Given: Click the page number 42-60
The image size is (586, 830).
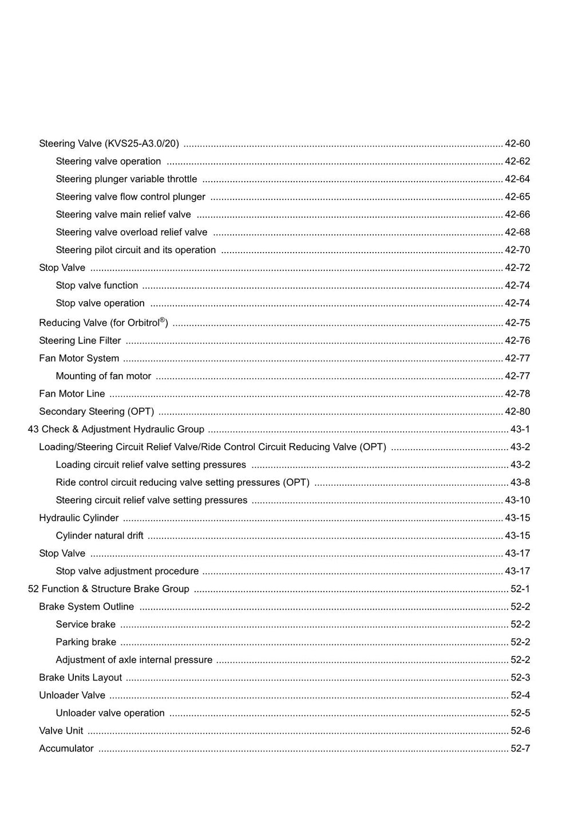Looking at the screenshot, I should coord(517,144).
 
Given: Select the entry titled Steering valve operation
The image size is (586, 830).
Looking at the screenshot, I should coord(108,162).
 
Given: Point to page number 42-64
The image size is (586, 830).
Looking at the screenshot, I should coord(517,179).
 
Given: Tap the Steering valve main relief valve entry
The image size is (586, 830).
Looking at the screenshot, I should coord(123,215).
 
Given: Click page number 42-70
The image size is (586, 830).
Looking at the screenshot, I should coord(517,250).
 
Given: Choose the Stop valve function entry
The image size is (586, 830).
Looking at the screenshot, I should coord(97,286).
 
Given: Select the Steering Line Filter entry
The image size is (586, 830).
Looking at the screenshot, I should coord(80,341).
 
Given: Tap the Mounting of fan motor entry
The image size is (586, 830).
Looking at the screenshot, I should coord(103,376).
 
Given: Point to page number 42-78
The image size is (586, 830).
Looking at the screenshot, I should coord(517,394).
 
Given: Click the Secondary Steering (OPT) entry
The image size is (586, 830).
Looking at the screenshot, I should coord(96,412).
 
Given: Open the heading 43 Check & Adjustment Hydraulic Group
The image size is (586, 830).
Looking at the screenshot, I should coord(116,430).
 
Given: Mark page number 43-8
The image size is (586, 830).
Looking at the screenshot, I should coord(520,483).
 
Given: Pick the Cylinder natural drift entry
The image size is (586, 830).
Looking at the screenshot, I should coord(99,536).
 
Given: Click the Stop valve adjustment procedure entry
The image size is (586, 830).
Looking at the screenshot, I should coord(127,572).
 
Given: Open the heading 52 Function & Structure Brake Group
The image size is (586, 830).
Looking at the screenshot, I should coord(108,589).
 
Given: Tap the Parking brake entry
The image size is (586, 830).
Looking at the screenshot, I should coord(86,643).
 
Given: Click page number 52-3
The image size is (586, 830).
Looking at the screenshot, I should coord(520,678).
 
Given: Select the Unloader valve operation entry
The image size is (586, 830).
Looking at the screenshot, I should coord(110,714).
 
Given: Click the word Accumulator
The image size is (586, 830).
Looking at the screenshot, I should coord(66,749).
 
